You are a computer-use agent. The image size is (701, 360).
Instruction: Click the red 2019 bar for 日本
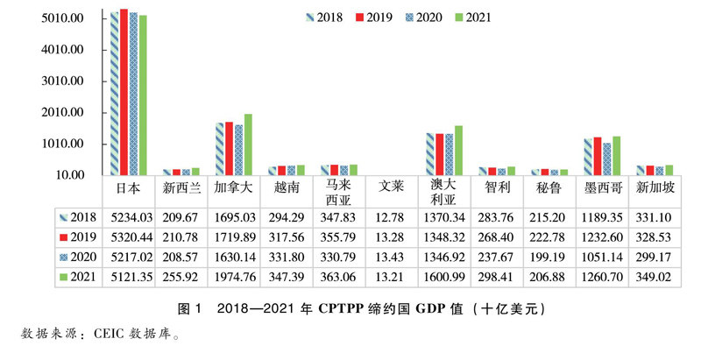(124, 92)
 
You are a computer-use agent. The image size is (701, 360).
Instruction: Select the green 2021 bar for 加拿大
(248, 145)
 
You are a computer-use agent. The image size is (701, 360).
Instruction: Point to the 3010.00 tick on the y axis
(63, 81)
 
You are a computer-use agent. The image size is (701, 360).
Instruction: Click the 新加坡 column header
(654, 187)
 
